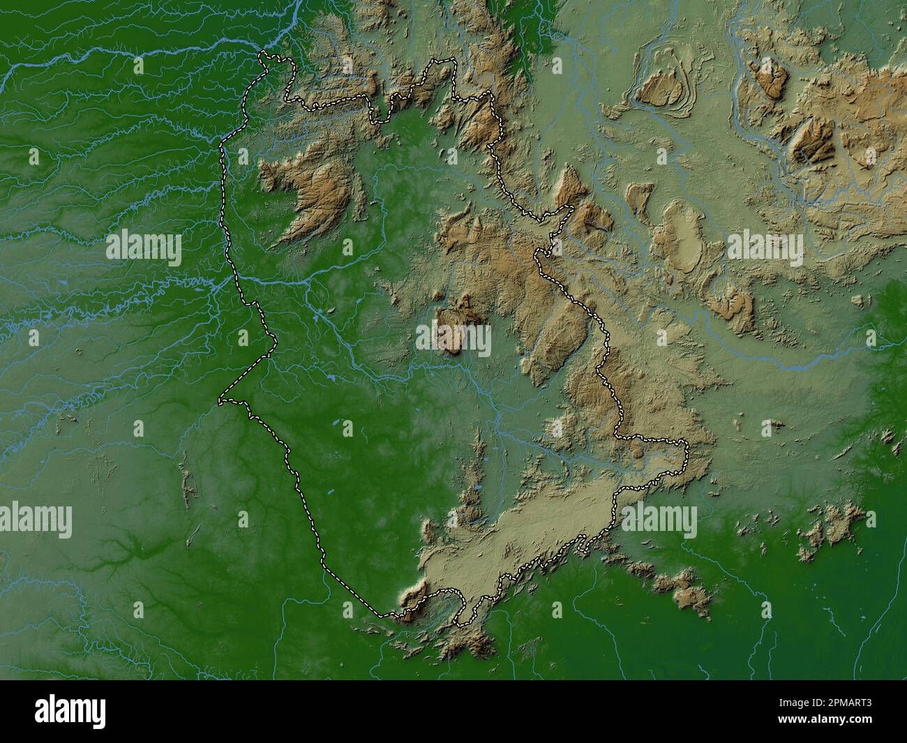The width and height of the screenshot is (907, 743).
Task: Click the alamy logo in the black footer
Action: click(70, 711)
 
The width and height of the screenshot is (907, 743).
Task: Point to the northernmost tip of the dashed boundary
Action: click(264, 53)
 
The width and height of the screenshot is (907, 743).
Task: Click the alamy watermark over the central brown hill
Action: click(453, 340)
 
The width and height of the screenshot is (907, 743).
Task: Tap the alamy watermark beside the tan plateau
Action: click(659, 520)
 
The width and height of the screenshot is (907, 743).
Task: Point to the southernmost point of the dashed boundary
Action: click(458, 623)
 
